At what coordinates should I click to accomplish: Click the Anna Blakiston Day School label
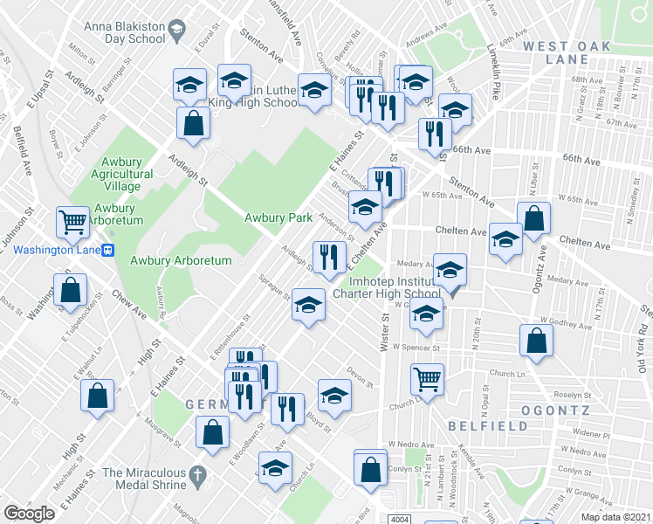click(x=122, y=32)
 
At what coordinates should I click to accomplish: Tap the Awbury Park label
click(x=278, y=217)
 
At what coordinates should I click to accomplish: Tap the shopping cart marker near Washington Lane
click(x=73, y=222)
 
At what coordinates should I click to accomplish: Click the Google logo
click(x=29, y=514)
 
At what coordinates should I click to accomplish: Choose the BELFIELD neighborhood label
click(x=488, y=426)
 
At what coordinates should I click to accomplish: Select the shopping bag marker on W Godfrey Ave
click(x=536, y=341)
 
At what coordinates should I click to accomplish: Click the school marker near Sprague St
click(x=307, y=306)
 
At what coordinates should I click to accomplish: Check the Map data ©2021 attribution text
click(x=615, y=517)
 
